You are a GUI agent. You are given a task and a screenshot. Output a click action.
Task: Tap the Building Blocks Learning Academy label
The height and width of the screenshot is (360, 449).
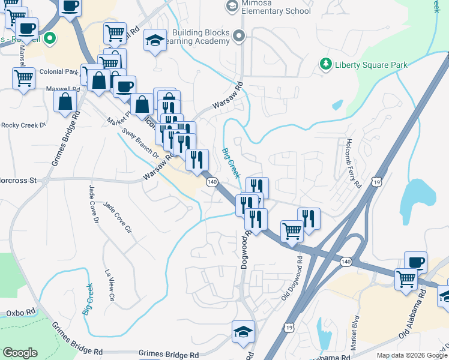pos(201,37)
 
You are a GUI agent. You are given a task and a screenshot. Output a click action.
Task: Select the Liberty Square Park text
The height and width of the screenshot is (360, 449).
pos(371,65)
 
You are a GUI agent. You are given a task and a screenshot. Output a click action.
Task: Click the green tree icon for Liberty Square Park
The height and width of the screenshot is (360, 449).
pos(326,64)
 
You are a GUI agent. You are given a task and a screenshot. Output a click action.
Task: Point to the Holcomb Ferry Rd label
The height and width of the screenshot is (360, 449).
pos(352,163)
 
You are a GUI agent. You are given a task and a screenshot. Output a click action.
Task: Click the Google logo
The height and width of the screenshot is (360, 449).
pos(20,353)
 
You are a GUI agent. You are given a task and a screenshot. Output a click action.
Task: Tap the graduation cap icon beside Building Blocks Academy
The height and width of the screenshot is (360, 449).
pos(155,41)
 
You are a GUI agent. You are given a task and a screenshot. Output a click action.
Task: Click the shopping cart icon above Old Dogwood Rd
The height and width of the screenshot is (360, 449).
pos(292,230)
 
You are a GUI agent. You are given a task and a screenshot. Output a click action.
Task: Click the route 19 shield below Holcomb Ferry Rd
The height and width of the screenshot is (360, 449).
pos(376,182)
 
